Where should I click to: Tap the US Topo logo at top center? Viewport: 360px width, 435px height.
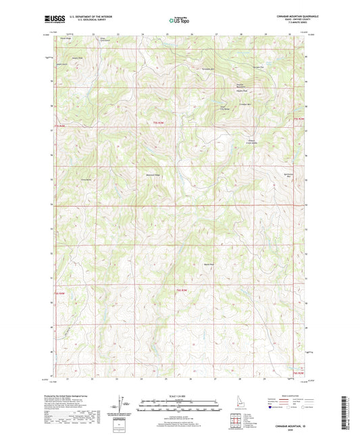click(178, 21)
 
